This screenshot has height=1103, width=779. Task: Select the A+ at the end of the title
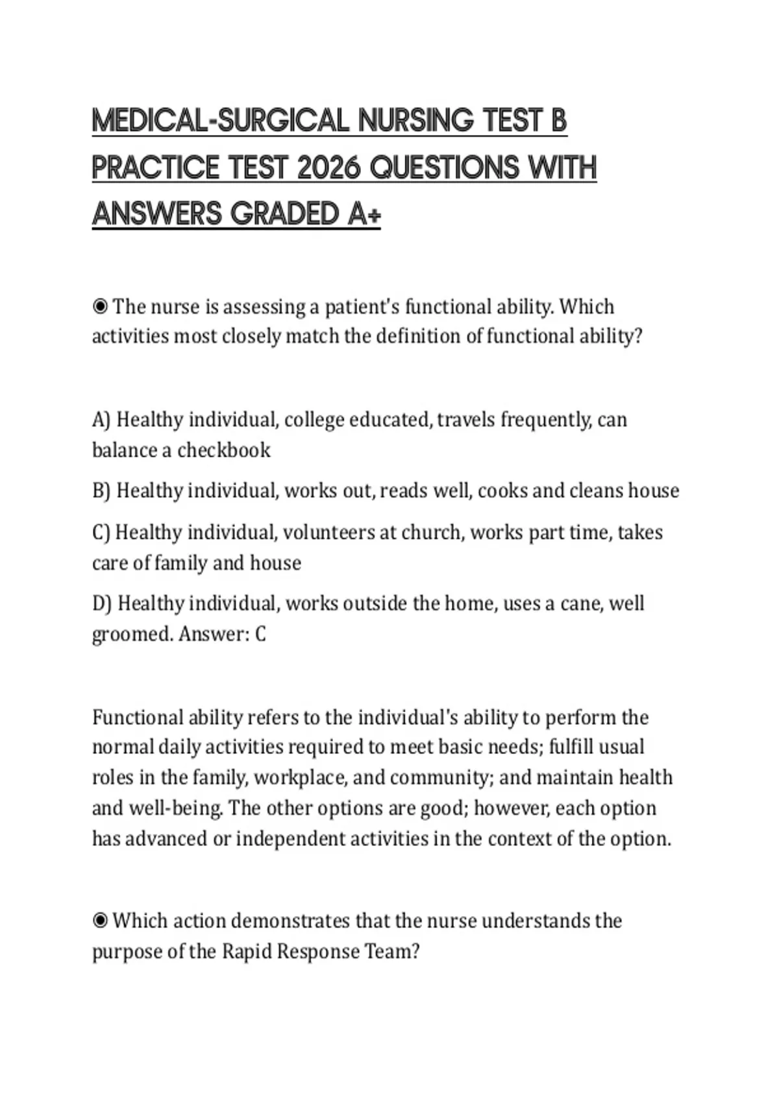coord(364,215)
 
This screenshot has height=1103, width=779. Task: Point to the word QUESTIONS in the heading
coord(446,168)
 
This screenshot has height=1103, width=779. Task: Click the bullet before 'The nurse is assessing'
coord(100,306)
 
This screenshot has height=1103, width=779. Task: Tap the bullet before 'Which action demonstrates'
coord(100,921)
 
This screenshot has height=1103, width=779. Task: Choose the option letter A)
coord(101,420)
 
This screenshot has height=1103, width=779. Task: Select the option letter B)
coord(101,491)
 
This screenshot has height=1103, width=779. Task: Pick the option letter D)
coord(102,604)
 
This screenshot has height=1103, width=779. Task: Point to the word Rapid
coord(247,952)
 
